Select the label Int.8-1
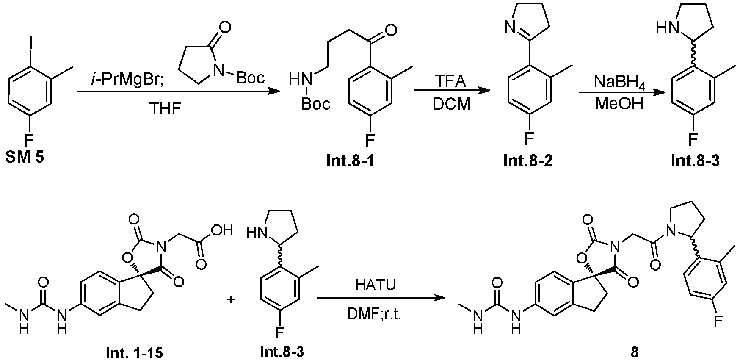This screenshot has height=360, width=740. (350, 161)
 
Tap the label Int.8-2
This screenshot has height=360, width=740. (528, 161)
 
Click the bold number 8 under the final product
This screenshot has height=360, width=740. (634, 352)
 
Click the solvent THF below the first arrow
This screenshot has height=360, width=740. (166, 109)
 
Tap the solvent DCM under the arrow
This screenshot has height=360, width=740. (452, 104)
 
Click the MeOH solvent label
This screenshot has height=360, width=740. (619, 104)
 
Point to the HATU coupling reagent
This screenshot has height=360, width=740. (376, 285)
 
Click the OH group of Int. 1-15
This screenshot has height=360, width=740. (223, 231)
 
